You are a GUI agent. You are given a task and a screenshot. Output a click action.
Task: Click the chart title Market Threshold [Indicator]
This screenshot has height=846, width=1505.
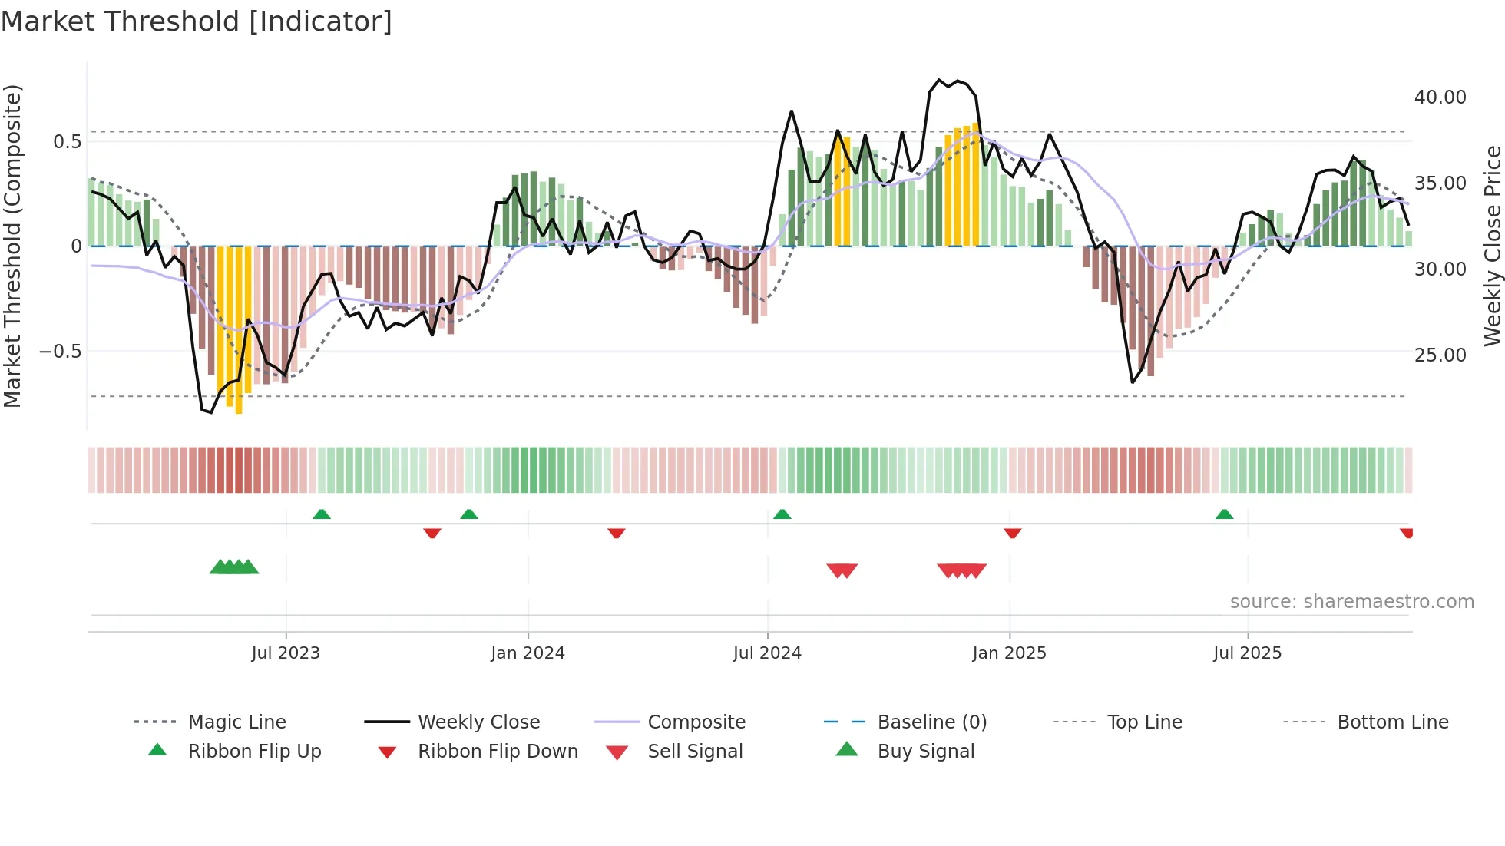[x=197, y=21]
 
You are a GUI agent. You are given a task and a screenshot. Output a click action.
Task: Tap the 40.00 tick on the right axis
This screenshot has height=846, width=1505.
[x=1440, y=97]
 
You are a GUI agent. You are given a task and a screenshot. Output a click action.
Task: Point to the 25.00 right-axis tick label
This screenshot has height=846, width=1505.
[x=1440, y=355]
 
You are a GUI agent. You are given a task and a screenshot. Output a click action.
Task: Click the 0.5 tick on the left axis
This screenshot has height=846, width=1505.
[x=67, y=141]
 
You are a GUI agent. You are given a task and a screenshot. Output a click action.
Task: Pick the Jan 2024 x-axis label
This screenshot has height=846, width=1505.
[x=528, y=653]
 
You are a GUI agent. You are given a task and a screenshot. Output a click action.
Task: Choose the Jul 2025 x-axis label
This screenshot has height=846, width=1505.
[x=1247, y=653]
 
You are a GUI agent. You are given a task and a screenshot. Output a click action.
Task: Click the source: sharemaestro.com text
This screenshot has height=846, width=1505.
[x=1351, y=602]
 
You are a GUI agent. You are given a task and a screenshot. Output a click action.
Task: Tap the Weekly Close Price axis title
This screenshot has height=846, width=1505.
[x=1492, y=246]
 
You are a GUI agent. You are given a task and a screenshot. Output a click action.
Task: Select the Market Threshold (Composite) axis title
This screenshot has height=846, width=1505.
[x=12, y=246]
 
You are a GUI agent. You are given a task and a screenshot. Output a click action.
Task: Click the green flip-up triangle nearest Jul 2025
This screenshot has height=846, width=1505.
[x=1224, y=514]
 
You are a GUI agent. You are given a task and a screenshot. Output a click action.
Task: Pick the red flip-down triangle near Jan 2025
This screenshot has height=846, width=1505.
[x=1012, y=533]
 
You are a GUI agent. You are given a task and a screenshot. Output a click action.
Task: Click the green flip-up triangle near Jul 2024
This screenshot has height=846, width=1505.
[x=782, y=514]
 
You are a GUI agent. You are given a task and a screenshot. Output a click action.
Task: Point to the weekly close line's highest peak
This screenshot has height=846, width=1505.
[x=939, y=80]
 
